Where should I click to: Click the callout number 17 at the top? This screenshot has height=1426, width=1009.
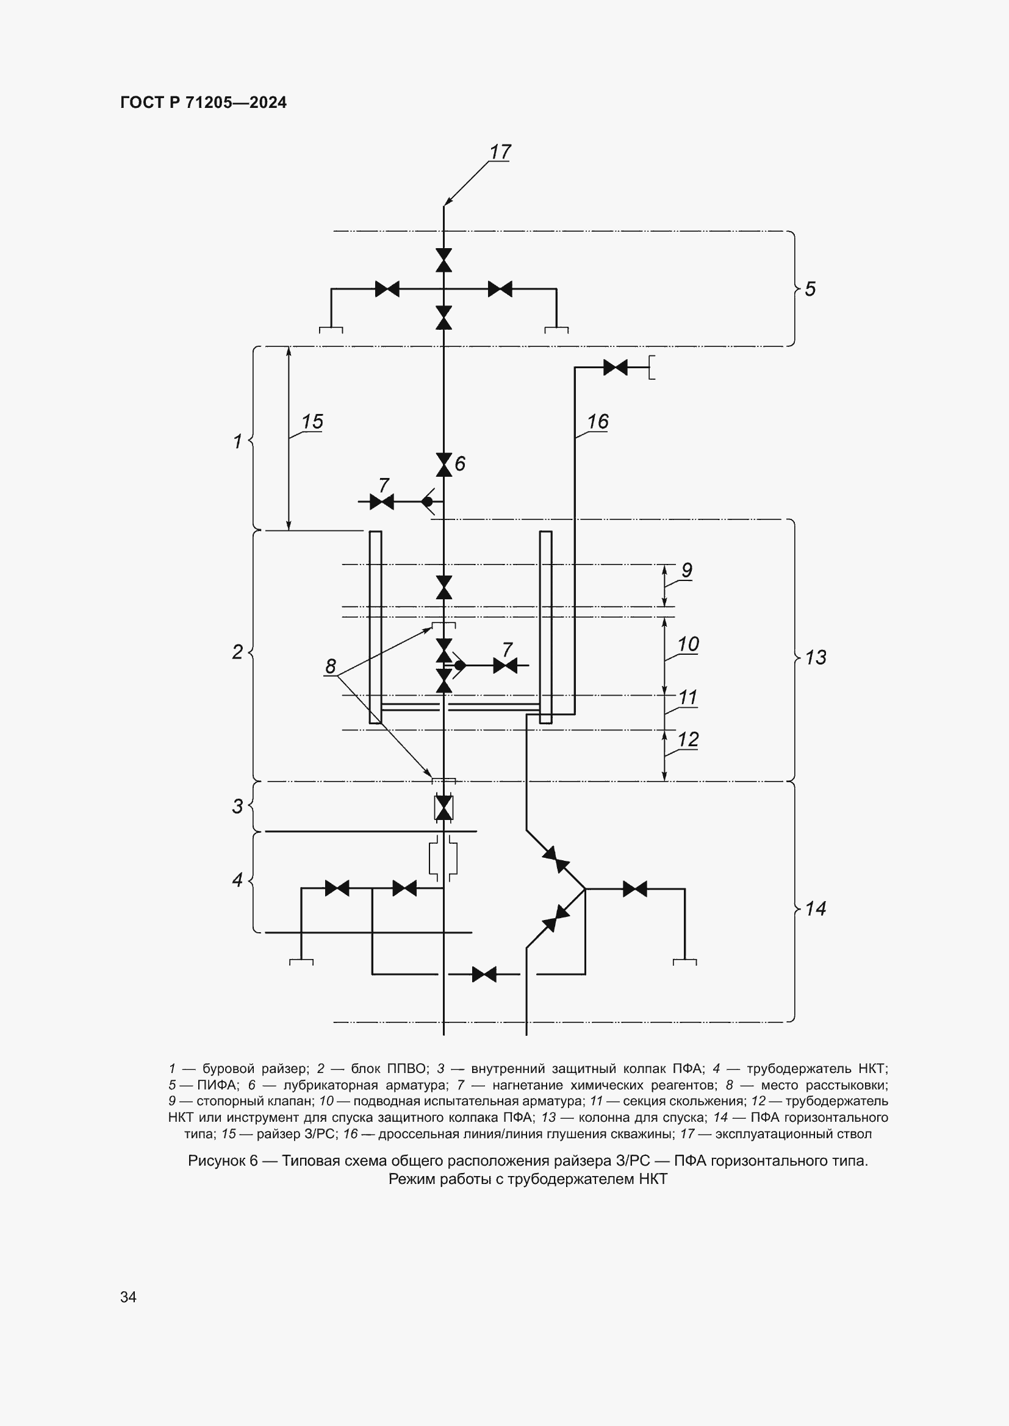(x=500, y=152)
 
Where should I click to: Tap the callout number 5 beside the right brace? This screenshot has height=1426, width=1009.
(x=810, y=289)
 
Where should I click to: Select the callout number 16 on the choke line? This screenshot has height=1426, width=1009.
(x=598, y=422)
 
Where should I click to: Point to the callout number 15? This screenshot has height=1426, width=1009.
(x=312, y=422)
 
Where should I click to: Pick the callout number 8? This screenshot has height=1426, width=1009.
(x=331, y=666)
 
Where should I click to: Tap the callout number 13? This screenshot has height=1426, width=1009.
(x=816, y=657)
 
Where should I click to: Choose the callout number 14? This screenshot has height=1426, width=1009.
(x=816, y=908)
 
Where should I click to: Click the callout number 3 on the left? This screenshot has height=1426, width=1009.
(x=237, y=806)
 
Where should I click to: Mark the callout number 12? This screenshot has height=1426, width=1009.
(x=688, y=739)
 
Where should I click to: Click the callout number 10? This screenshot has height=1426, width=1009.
(x=688, y=644)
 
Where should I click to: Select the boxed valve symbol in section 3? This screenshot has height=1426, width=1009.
(x=443, y=807)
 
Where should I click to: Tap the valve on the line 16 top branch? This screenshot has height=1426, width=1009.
(x=615, y=368)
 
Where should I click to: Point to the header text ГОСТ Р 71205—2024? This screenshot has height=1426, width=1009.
(x=203, y=102)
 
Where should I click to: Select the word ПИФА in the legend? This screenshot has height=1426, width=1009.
(x=216, y=1085)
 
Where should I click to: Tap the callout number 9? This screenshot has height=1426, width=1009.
(x=686, y=569)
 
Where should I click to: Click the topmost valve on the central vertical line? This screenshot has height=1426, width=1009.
(x=443, y=260)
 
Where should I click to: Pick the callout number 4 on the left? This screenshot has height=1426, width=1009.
(x=237, y=880)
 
